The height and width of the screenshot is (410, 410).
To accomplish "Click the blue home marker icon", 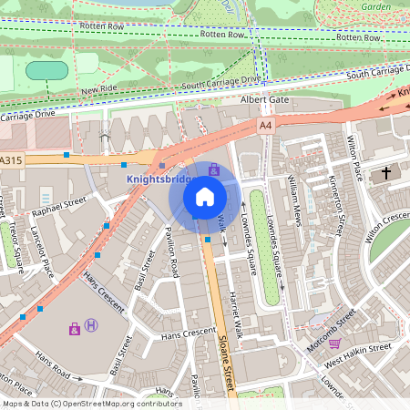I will click(x=205, y=196).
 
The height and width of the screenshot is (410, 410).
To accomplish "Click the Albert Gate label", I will click(x=263, y=99).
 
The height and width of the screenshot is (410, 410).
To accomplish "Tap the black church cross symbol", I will click(x=386, y=171).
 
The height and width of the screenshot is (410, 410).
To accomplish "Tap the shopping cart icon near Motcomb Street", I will click(x=334, y=343).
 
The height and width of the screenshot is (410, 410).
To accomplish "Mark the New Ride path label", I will click(x=99, y=91).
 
